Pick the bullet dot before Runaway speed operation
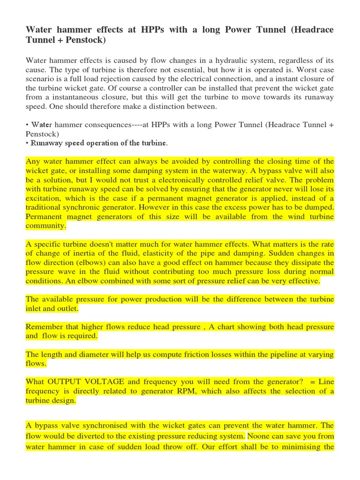(x=27, y=143)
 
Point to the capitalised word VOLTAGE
(x=103, y=382)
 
